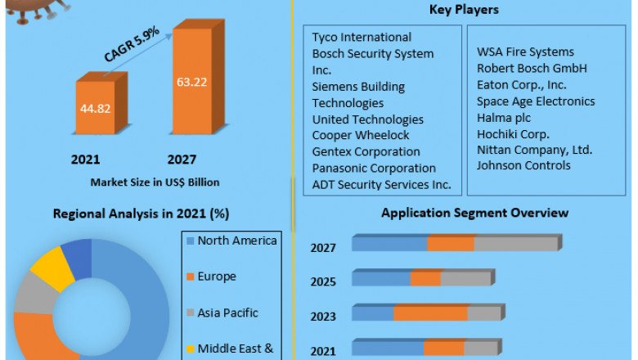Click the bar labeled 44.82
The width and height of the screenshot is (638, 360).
click(96, 106)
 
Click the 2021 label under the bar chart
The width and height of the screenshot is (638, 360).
click(85, 159)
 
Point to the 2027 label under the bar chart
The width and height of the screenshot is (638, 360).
click(182, 159)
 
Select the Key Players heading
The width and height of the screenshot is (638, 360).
click(464, 10)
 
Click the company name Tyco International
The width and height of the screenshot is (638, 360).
click(362, 37)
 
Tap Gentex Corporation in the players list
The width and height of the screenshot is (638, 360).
click(366, 151)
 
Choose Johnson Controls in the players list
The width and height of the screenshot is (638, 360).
click(524, 166)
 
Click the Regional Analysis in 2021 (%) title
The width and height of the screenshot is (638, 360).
click(141, 214)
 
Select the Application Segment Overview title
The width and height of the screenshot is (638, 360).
click(474, 213)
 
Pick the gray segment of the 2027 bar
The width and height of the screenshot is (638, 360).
click(515, 244)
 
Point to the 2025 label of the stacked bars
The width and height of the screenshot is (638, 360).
click(322, 282)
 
